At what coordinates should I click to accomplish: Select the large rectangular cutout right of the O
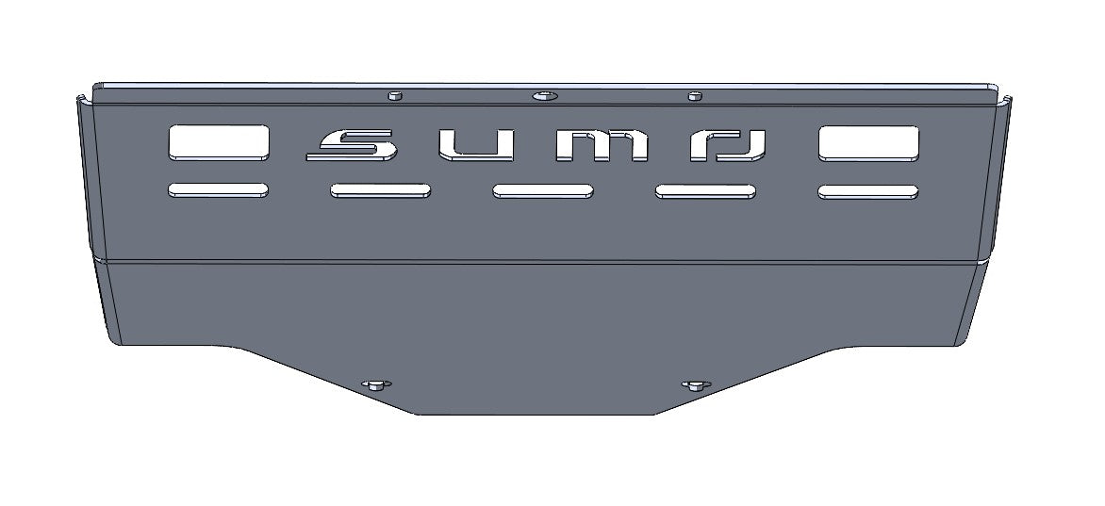point(868,142)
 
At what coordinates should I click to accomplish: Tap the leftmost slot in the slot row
point(218,190)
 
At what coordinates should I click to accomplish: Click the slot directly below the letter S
point(380,191)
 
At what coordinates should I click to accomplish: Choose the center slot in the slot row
point(542,191)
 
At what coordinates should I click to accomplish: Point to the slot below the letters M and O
point(705,192)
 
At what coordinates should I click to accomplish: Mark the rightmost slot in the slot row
point(868,192)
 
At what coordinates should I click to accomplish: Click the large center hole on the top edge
point(544,96)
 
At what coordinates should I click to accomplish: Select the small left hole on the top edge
point(395,95)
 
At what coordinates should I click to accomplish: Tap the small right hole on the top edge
point(695,95)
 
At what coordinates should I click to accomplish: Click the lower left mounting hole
point(375,384)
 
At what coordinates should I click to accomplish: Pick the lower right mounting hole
point(696,384)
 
